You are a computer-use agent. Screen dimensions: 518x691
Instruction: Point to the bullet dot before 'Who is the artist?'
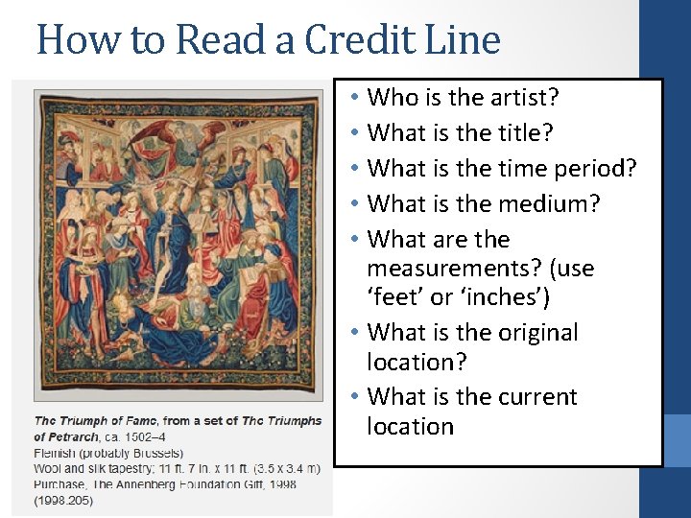tap(354, 98)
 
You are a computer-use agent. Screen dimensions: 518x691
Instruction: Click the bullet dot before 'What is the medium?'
tap(354, 204)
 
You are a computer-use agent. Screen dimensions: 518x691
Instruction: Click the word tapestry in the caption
tap(134, 468)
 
